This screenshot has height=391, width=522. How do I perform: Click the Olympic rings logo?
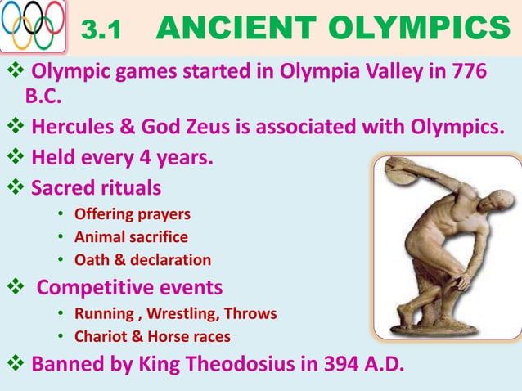point(34,27)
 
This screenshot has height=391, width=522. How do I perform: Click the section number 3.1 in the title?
point(103,31)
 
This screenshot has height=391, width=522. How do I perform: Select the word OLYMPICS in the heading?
point(421,29)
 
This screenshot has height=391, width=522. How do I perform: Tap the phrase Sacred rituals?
point(96,187)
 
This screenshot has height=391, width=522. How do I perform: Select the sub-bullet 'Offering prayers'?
point(132,214)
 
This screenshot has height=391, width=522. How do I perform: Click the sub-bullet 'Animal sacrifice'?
point(131,237)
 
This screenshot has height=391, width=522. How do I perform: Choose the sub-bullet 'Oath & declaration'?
point(142,260)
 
